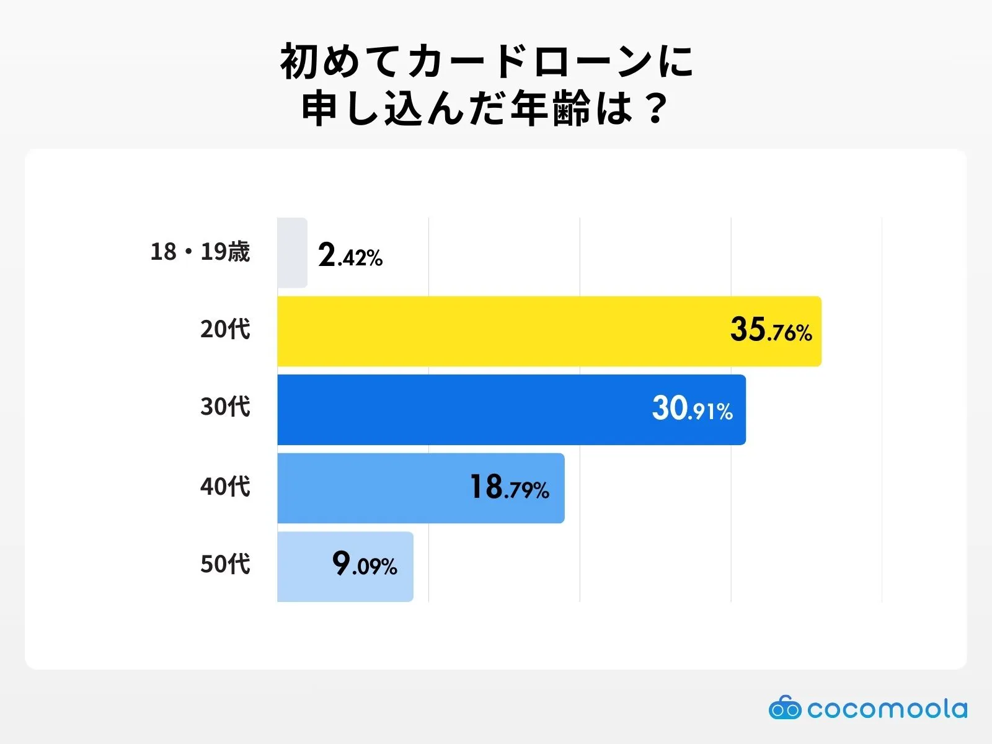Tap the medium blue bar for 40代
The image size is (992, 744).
coord(372,488)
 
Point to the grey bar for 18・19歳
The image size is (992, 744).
coord(292,253)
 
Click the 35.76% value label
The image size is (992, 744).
coord(771,330)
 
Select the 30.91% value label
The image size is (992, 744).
coord(692,409)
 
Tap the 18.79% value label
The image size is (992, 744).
coord(509,487)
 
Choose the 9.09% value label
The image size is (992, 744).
coord(365,564)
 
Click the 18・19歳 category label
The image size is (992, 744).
coord(200,252)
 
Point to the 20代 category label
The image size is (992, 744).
coord(225,329)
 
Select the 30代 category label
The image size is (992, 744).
coord(225,407)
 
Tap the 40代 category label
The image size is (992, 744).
coord(225,486)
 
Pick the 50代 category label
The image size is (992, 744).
coord(225,564)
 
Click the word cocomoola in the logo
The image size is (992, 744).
coord(887,709)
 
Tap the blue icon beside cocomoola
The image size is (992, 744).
coord(785,707)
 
